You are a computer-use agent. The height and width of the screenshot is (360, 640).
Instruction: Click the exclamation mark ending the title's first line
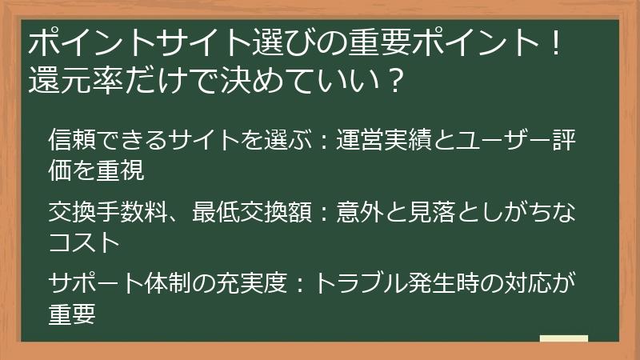[557, 44]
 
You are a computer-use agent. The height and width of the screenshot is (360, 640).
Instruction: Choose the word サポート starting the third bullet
[94, 284]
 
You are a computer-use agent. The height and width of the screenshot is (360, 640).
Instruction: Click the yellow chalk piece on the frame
[563, 338]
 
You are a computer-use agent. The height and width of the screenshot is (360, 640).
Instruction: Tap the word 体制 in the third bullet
[166, 284]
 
